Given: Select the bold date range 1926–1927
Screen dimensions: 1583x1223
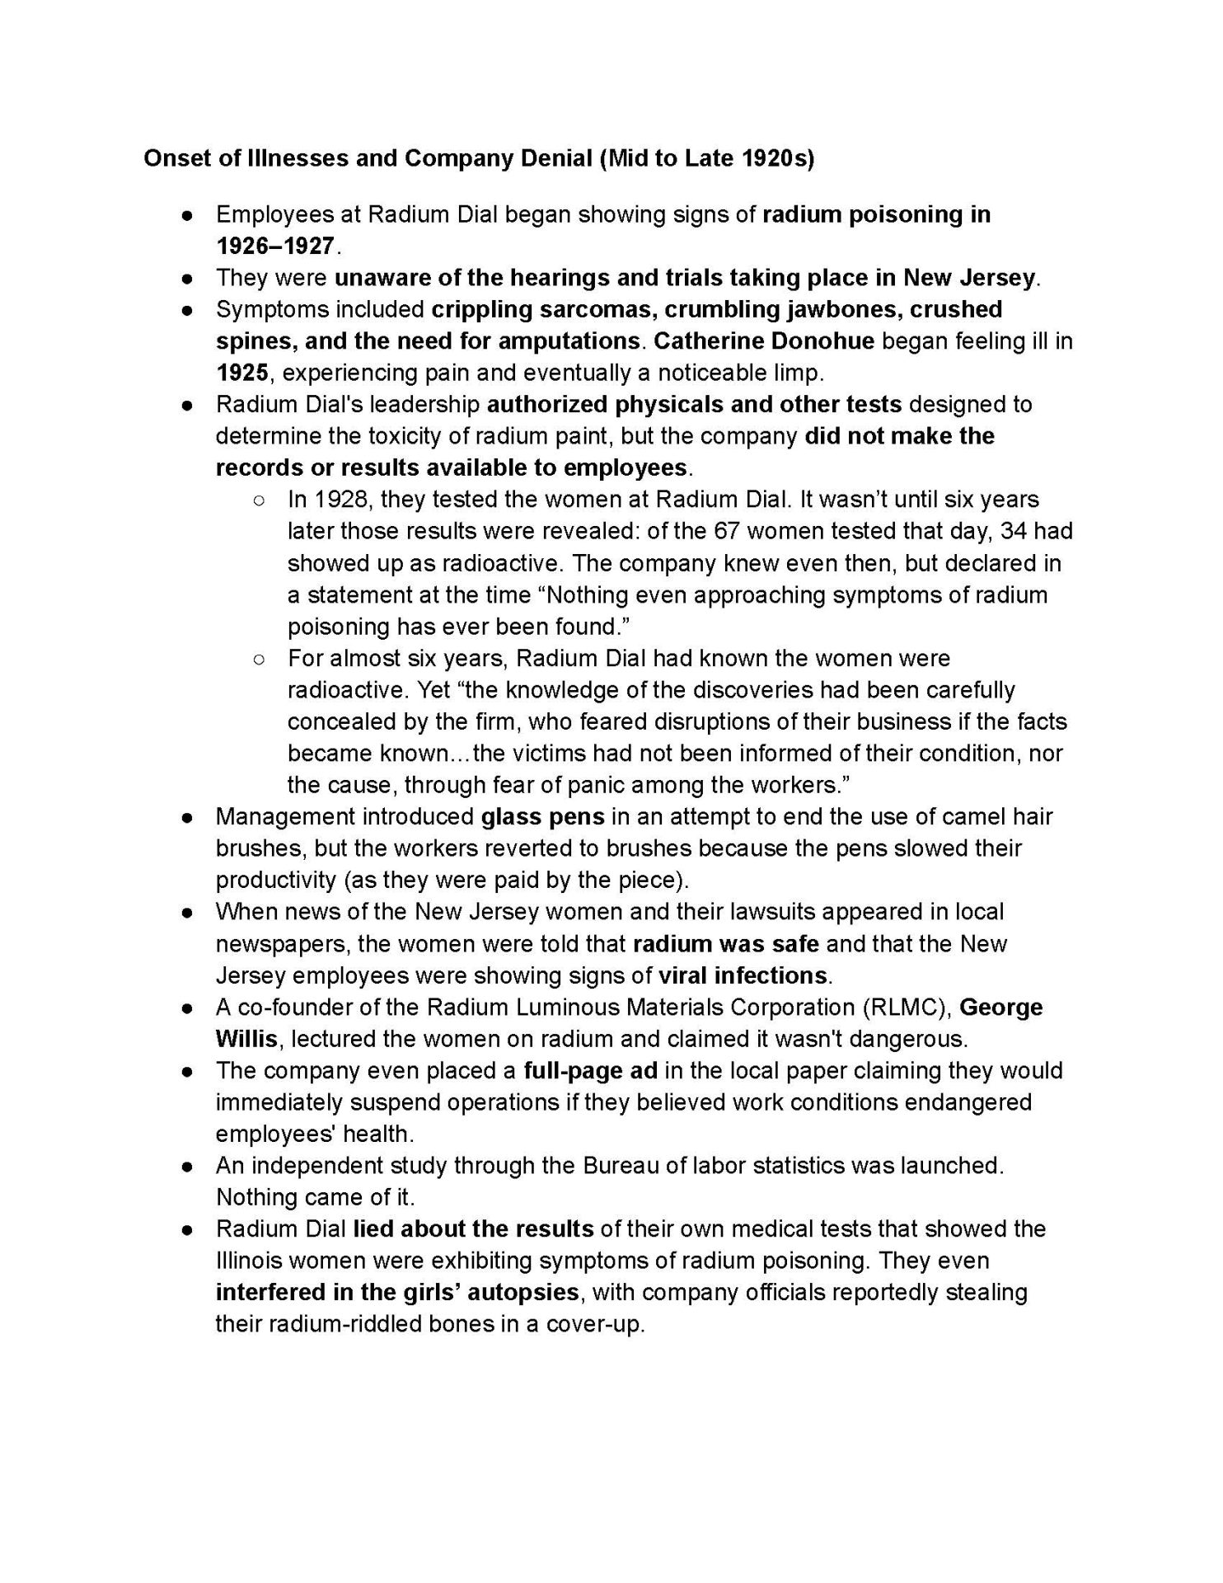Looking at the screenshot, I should click(275, 246).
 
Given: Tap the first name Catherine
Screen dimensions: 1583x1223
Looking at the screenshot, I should click(721, 341).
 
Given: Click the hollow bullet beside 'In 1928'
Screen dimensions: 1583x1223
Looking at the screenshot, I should click(259, 500).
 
